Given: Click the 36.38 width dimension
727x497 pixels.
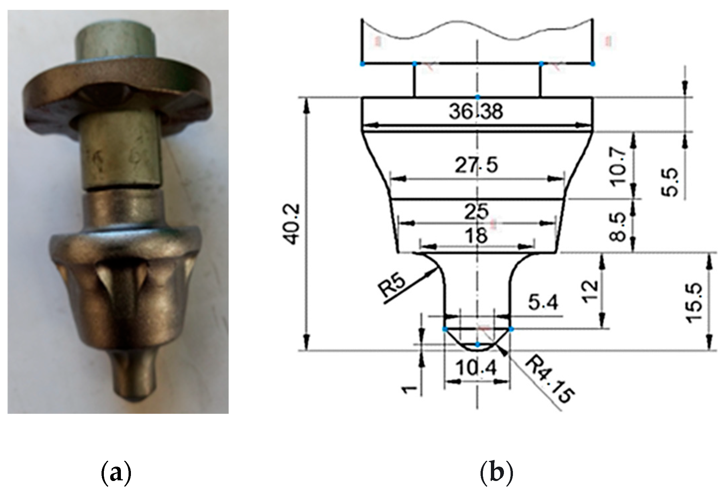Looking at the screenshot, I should pos(476,112).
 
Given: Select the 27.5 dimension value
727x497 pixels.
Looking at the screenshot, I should pos(476,165).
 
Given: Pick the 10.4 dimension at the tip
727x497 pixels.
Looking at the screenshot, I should pos(477,368).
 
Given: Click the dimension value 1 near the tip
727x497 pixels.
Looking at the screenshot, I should pos(409,389).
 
